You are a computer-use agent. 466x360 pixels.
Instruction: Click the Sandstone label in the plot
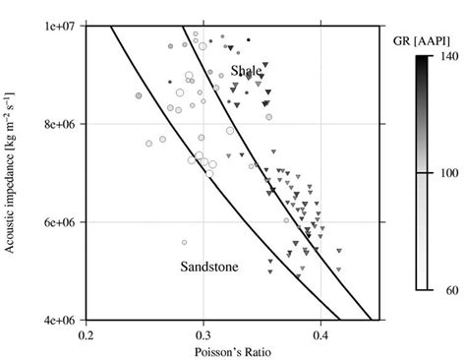pos(208,267)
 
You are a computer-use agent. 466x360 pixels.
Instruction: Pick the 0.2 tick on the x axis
pos(86,334)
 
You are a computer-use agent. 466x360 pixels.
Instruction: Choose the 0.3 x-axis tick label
pos(204,334)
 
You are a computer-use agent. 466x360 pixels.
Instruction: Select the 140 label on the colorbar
pos(440,58)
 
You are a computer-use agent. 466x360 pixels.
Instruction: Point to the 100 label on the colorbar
pos(440,173)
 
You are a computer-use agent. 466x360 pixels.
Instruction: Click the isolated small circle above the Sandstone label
pos(184,242)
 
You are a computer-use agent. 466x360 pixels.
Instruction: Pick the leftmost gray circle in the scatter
pos(139,95)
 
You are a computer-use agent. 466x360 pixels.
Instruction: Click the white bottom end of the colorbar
pos(420,284)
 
